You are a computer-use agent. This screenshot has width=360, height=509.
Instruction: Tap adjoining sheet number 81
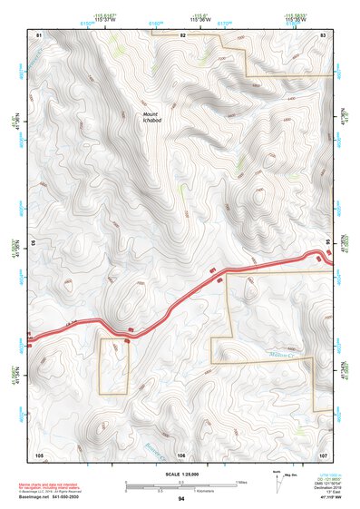click(x=39, y=34)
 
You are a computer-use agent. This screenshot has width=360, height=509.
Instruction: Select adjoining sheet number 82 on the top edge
click(x=181, y=34)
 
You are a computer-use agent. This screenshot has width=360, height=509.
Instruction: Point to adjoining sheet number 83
click(x=323, y=34)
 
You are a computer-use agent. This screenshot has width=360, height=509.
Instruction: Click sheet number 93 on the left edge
click(x=34, y=243)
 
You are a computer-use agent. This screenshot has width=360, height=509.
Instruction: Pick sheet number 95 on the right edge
click(x=328, y=242)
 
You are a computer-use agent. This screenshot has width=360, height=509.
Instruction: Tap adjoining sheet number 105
click(x=39, y=453)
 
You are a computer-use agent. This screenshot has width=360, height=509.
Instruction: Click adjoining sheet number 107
click(x=323, y=453)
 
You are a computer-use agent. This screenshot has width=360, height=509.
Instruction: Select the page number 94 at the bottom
click(x=181, y=499)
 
